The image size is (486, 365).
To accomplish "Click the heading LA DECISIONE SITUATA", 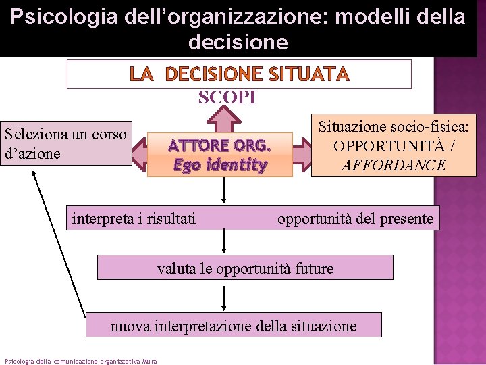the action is (x=239, y=74).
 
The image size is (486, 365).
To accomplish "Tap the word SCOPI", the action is (x=227, y=98).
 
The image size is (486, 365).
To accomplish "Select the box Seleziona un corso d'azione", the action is (x=66, y=144).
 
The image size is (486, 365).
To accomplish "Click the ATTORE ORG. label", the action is (x=220, y=146).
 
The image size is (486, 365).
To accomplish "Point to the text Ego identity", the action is (x=220, y=164).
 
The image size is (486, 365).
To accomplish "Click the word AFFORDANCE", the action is (x=393, y=164).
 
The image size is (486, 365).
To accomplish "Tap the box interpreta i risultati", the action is (x=134, y=218).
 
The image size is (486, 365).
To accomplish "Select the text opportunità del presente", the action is (x=355, y=218).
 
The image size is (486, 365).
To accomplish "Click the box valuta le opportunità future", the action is (x=245, y=268).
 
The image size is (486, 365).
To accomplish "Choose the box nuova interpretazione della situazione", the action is (x=233, y=326).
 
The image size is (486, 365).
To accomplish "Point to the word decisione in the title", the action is (x=238, y=42).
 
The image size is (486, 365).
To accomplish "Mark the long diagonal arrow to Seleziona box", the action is (x=59, y=240).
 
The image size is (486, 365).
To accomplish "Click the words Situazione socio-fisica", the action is (x=394, y=127).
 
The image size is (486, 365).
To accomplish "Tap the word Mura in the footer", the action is (x=149, y=361).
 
